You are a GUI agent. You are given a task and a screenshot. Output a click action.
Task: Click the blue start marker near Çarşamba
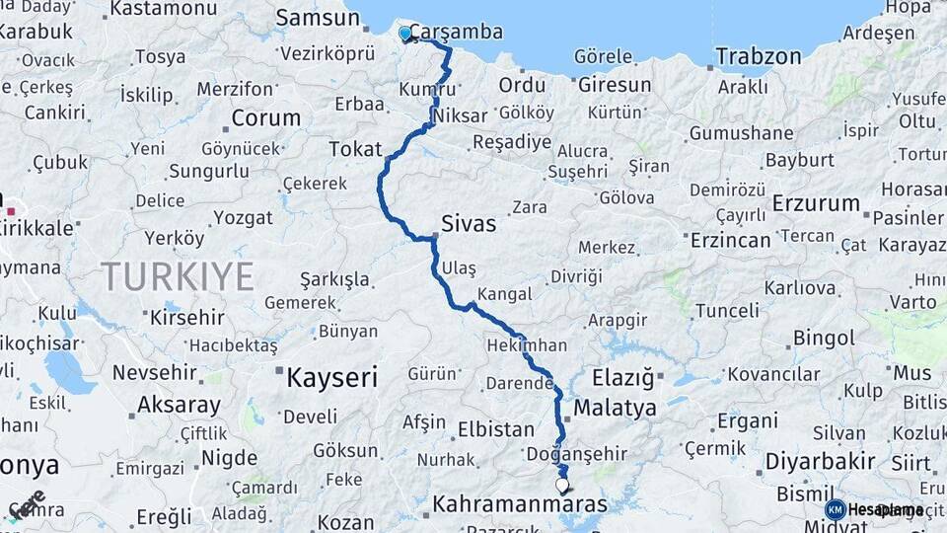[x=404, y=35]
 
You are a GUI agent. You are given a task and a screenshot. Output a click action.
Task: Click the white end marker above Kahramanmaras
[x=562, y=485]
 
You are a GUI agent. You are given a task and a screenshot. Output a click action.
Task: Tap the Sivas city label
[x=469, y=224]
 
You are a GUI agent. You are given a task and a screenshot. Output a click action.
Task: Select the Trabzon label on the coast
[x=758, y=56]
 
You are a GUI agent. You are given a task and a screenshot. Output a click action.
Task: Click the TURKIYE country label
[x=177, y=276]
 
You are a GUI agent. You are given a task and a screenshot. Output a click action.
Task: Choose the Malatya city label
[x=615, y=408]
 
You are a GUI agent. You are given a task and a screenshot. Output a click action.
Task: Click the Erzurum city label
[x=817, y=203]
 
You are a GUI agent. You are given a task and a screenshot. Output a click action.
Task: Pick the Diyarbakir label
[x=821, y=461]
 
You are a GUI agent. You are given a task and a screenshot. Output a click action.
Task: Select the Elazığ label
[x=623, y=377]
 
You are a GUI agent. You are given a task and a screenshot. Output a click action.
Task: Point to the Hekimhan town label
[x=526, y=345]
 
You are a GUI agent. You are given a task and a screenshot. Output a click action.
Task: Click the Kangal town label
[x=504, y=294]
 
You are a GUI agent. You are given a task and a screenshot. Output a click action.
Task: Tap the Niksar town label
[x=460, y=115]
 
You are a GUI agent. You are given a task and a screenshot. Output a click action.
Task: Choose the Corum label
[x=265, y=118]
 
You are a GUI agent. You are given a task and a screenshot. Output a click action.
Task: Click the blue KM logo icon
[x=835, y=509]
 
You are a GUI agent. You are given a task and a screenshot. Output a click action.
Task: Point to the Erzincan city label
[x=730, y=240]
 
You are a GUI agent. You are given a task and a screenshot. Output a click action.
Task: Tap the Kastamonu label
[x=163, y=9]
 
